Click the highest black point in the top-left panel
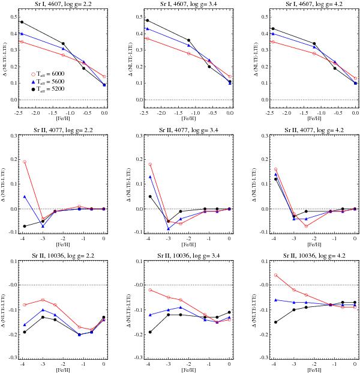point(22,22)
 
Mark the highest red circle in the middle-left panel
point(25,162)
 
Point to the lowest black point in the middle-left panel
point(25,226)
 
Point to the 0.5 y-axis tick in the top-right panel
point(259,14)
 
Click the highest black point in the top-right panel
point(273,28)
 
